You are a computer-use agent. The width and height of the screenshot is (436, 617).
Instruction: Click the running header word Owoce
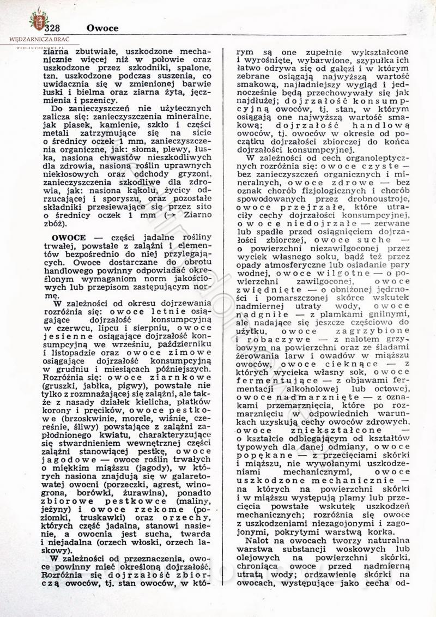(102, 28)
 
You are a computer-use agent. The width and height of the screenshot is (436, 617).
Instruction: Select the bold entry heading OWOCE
(69, 239)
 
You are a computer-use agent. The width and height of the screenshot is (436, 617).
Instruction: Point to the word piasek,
(75, 129)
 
